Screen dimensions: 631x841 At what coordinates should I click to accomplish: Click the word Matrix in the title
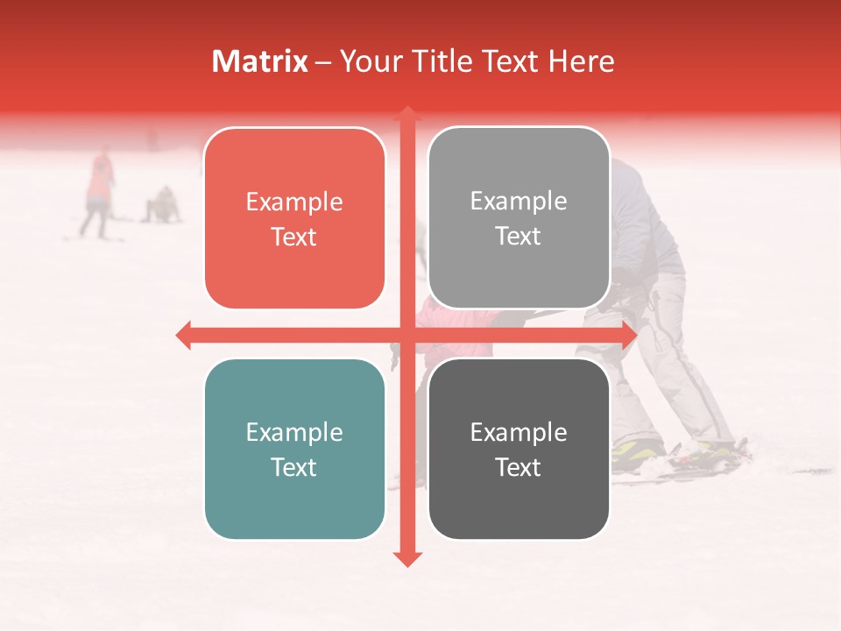click(x=260, y=61)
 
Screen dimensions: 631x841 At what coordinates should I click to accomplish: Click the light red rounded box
click(x=294, y=219)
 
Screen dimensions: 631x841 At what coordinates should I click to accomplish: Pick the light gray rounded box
click(x=519, y=218)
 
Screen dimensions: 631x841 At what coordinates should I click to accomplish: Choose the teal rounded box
click(x=294, y=450)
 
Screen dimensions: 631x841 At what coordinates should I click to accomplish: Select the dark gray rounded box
click(x=519, y=449)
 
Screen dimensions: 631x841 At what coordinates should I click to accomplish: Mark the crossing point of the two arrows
click(x=406, y=335)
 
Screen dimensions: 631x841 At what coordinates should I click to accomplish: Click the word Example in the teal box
click(x=294, y=432)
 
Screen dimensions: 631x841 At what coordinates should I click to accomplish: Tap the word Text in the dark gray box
click(x=519, y=467)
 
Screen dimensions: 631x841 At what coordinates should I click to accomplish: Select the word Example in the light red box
click(x=294, y=202)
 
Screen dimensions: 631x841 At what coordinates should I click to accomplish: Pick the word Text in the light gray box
click(x=519, y=236)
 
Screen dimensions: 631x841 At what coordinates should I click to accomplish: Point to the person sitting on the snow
click(x=162, y=206)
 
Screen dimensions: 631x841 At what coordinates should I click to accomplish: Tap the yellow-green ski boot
click(x=637, y=451)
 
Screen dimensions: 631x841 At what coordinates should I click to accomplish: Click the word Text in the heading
click(x=512, y=61)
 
